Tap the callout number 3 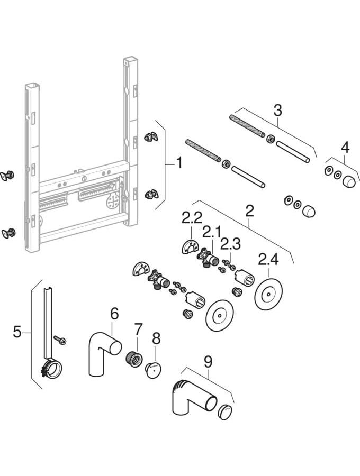click(277, 111)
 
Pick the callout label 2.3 click(231, 244)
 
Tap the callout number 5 click(17, 332)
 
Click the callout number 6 click(114, 313)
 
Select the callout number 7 click(138, 329)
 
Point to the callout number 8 click(155, 337)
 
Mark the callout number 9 click(208, 362)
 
